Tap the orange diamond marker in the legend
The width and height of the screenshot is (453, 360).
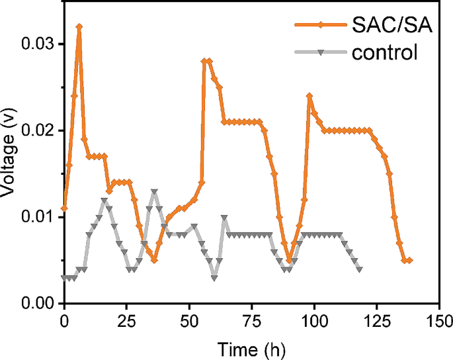point(319,26)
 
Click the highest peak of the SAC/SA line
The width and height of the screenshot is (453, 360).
point(79,26)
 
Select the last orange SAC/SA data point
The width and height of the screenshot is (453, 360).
point(409,260)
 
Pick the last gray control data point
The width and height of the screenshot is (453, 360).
point(359,269)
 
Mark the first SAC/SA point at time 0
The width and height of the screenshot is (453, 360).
point(64,208)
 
